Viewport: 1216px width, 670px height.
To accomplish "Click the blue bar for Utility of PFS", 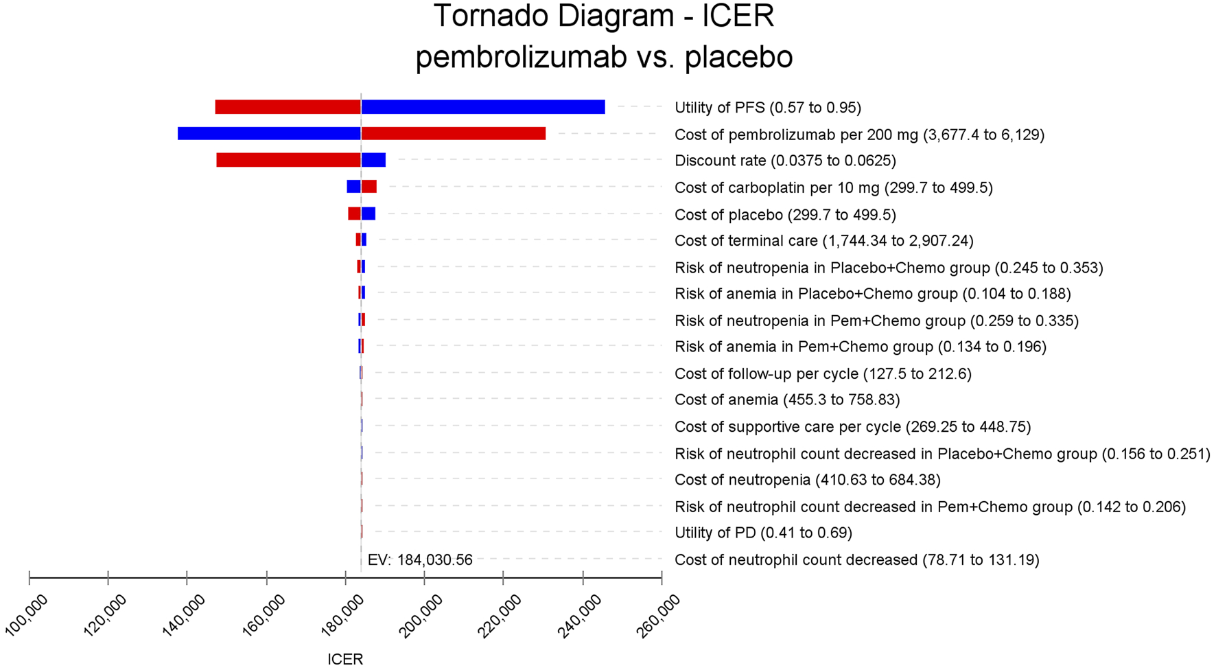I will point(483,107).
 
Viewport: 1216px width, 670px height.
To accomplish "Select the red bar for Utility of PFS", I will point(288,107).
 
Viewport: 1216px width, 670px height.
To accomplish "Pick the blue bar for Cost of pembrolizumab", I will point(269,133).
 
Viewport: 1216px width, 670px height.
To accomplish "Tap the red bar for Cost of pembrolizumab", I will point(453,133).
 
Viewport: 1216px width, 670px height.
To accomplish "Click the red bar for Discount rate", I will point(288,160).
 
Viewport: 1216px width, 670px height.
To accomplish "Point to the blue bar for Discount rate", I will point(373,160).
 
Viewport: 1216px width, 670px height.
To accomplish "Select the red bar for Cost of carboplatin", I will point(369,187).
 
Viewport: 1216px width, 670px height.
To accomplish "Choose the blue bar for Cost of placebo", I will point(369,213).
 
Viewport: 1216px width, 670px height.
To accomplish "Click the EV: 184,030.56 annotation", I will point(420,560).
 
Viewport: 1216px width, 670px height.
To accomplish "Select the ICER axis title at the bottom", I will point(345,659).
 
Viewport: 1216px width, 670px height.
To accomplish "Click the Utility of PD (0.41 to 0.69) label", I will point(763,533).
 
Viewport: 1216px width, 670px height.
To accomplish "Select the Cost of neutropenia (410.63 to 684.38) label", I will point(807,480).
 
